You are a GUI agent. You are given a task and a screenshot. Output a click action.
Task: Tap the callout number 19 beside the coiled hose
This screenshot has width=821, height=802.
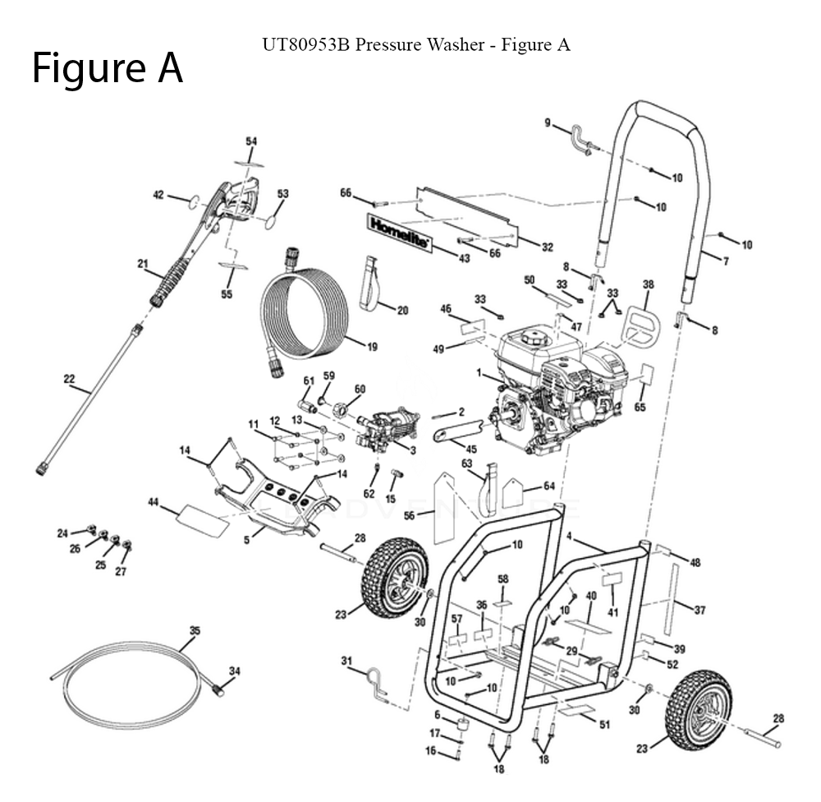tap(371, 347)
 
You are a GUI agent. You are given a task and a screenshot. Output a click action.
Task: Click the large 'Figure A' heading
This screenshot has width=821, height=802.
tap(107, 69)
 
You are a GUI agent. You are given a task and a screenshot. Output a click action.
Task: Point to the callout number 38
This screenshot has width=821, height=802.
tap(648, 284)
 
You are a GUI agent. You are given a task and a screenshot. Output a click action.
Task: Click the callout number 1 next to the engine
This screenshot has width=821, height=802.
tap(478, 372)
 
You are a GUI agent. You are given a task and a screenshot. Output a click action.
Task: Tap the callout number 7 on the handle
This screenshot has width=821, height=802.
tap(725, 261)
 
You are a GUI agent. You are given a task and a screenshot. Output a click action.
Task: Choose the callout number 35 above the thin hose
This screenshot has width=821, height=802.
tap(195, 630)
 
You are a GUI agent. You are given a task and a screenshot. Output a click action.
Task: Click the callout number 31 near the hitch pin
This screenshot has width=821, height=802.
tap(346, 661)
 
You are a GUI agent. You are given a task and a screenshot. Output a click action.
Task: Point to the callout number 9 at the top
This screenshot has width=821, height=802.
tap(547, 122)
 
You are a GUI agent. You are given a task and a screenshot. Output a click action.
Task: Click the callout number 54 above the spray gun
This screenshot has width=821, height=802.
tap(251, 141)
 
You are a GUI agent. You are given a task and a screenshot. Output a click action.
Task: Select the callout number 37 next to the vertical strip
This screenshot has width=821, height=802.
tap(699, 610)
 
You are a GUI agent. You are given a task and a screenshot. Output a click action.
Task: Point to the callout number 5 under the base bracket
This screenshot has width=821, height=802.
tap(246, 540)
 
